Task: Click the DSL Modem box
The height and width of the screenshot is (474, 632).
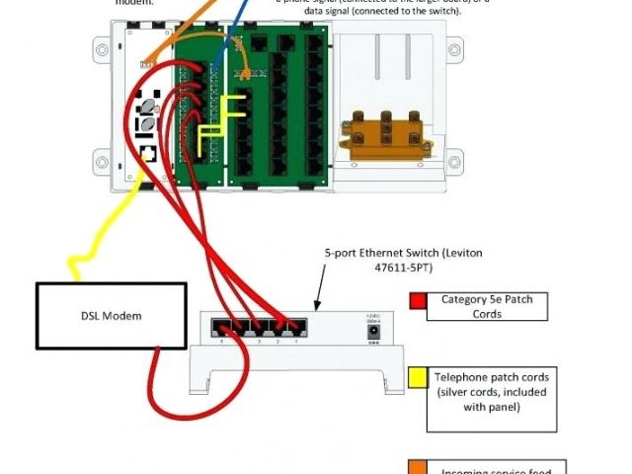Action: [x=111, y=316]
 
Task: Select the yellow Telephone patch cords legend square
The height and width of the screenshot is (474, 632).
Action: [x=418, y=376]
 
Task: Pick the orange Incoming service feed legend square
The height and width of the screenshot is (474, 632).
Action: [x=418, y=467]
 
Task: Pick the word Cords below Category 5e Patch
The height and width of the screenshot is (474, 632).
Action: [x=487, y=314]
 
